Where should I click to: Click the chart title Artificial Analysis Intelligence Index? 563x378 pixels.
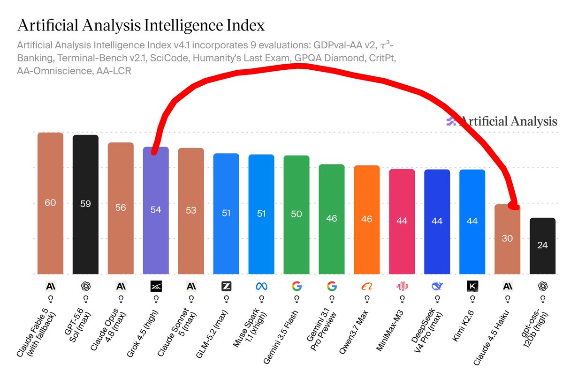click(141, 25)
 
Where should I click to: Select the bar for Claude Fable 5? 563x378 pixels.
click(50, 203)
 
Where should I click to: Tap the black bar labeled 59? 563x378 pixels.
click(85, 205)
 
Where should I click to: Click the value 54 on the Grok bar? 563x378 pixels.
click(156, 210)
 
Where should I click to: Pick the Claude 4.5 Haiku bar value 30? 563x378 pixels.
click(507, 238)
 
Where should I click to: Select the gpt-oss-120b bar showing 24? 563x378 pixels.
click(542, 246)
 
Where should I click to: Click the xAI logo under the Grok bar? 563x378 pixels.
click(156, 286)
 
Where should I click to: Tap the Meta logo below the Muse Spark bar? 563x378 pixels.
click(261, 286)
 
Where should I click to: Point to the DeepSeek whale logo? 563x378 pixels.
click(437, 286)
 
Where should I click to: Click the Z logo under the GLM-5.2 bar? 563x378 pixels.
click(226, 286)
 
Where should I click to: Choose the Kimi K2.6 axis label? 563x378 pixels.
click(463, 326)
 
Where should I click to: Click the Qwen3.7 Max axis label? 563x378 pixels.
click(354, 332)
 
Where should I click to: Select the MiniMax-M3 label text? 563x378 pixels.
click(390, 330)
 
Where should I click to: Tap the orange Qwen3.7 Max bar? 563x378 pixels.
click(367, 220)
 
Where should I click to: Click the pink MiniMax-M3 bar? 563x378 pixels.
click(402, 222)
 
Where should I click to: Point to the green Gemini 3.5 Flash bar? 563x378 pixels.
click(297, 215)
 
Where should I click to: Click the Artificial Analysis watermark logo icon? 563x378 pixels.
click(451, 121)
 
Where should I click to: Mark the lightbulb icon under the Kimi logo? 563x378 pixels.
click(472, 299)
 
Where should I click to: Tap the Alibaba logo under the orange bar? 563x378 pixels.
click(367, 286)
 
